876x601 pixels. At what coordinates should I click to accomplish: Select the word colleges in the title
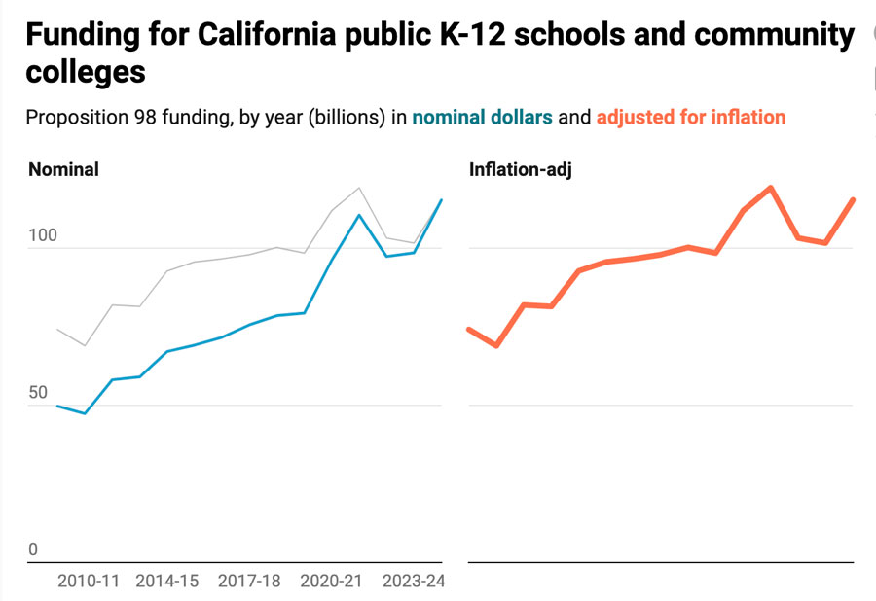tap(86, 73)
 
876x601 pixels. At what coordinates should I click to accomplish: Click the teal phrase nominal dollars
tap(482, 118)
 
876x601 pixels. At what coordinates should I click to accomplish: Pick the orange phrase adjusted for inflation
tap(690, 118)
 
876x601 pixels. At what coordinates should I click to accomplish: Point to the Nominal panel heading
tap(63, 169)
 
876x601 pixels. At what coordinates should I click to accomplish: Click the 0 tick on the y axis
tap(33, 549)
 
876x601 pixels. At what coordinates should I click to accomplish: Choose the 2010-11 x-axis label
tap(88, 581)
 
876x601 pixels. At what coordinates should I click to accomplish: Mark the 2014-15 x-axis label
tap(166, 581)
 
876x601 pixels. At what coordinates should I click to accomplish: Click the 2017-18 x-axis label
tap(249, 581)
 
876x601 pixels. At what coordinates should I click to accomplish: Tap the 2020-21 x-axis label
tap(331, 581)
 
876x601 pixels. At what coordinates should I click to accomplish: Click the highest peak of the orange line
tap(771, 188)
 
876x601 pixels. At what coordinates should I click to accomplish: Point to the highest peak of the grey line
tap(359, 188)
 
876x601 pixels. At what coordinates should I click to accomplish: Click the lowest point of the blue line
tap(85, 413)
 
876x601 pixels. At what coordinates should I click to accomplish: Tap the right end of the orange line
tap(854, 200)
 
